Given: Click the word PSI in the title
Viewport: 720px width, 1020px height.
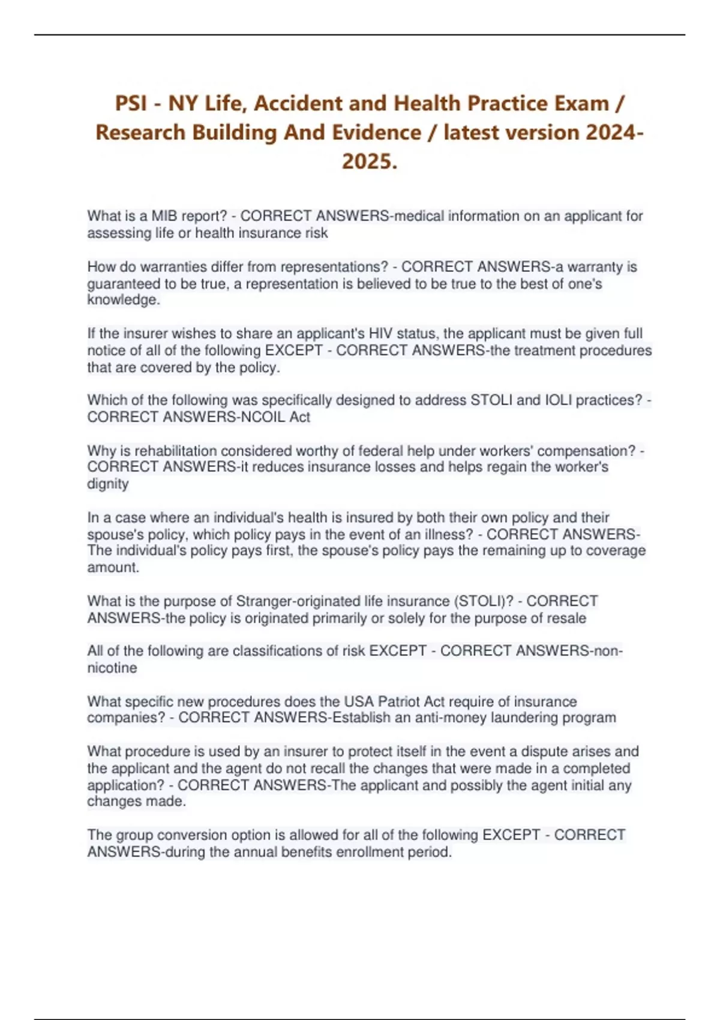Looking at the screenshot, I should coord(131,104).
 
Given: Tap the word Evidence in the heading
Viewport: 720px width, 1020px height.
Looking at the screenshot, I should coord(353,133).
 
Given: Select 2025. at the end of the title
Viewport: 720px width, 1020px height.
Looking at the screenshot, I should coord(370,161).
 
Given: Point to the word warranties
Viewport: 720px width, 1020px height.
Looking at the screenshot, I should coord(172,267).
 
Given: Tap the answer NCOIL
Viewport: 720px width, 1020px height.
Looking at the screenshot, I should coord(263,417).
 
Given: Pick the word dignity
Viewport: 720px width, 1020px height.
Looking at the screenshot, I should coord(108,484).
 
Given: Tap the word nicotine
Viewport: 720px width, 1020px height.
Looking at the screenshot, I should coord(112,668).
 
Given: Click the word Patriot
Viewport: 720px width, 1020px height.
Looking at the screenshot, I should coord(399,701).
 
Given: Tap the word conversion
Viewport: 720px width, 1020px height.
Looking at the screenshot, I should coord(182,835).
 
